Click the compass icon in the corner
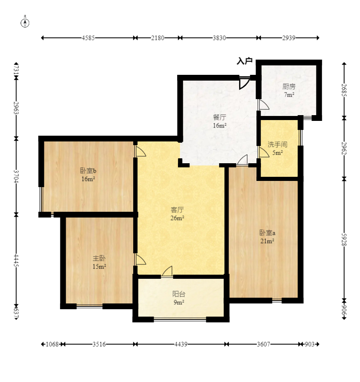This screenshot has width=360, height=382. coord(25,23)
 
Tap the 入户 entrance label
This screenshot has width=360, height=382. coord(245,61)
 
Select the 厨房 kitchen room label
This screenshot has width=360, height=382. coord(289,86)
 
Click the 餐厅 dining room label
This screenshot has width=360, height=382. coord(219,118)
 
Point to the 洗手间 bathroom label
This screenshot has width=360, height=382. coord(277,144)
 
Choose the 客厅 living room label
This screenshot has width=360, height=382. coord(177,210)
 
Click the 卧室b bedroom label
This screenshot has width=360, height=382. coord(88,171)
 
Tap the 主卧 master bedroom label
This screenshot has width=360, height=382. coord(99,258)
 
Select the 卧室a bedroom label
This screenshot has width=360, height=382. coord(267,233)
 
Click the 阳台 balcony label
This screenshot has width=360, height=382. coord(179,294)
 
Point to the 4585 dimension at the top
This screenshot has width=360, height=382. coord(88,38)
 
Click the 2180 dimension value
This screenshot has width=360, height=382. coord(158,38)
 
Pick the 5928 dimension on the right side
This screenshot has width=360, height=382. coord(344,240)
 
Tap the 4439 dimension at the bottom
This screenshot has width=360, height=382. coord(181,344)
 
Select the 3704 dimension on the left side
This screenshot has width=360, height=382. coord(16,176)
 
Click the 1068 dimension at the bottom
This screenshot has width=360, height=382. coord(52,344)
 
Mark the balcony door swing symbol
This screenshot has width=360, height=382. coord(167,271)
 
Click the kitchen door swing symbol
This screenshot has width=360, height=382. coord(263,104)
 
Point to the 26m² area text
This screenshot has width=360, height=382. coord(177,218)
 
